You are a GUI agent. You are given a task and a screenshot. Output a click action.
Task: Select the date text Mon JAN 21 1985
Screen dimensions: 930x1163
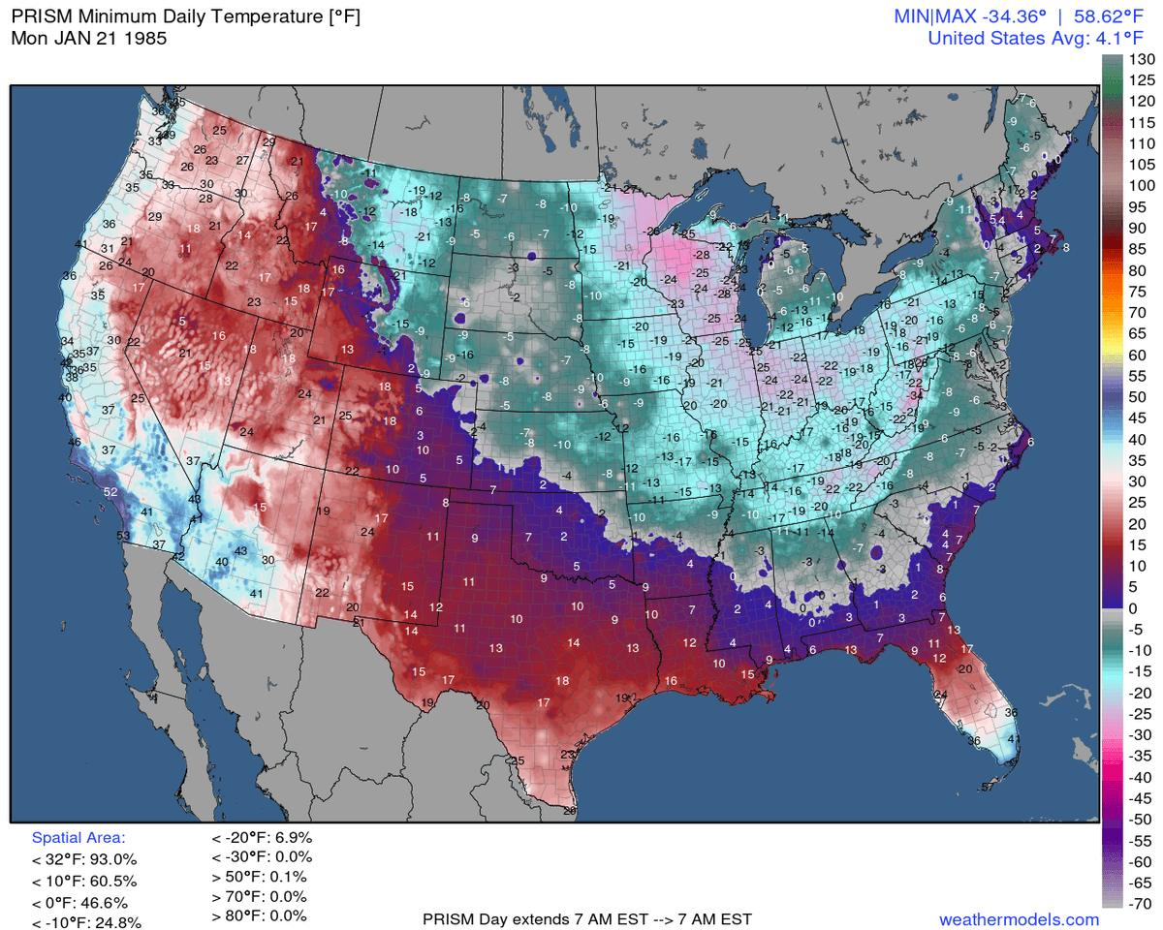click(x=88, y=40)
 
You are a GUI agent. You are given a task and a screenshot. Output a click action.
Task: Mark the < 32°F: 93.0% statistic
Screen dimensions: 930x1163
click(x=84, y=859)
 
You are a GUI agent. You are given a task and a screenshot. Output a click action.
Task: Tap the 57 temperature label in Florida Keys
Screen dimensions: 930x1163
click(x=988, y=787)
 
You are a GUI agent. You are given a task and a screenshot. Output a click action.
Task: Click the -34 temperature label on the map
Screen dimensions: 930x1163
click(x=916, y=395)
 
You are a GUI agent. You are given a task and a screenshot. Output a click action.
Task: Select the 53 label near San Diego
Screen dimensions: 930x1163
click(x=124, y=536)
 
